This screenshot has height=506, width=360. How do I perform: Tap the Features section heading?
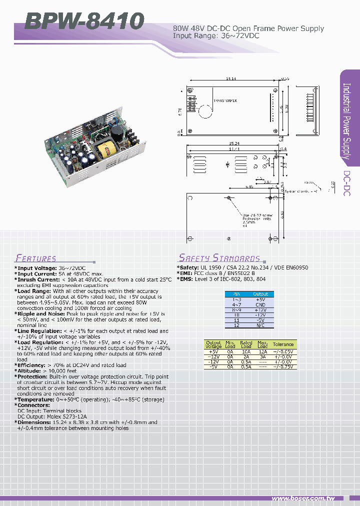[35, 258]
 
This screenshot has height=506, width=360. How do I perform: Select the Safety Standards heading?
[219, 258]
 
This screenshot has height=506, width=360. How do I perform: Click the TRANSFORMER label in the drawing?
[224, 100]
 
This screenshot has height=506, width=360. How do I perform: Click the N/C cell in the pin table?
[260, 325]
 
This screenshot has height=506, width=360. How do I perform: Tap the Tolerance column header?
[283, 344]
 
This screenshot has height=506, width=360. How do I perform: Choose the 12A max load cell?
[262, 352]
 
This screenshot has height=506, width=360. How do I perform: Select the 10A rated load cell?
[246, 352]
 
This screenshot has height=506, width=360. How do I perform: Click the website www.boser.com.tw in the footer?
[303, 498]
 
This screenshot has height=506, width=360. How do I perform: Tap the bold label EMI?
[185, 274]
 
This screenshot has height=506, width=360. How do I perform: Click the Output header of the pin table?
[260, 294]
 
